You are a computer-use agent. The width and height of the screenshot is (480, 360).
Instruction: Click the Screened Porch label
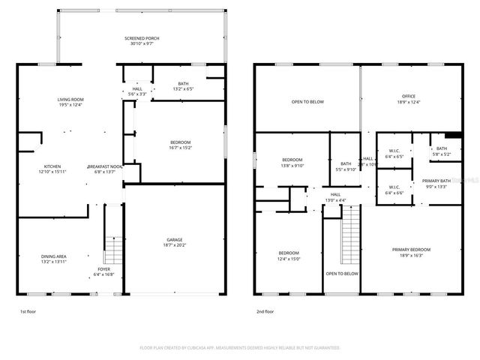[x=142, y=41]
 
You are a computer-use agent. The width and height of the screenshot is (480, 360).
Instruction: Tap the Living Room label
[x=70, y=103]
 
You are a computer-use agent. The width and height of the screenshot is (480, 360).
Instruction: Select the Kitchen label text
[x=52, y=169]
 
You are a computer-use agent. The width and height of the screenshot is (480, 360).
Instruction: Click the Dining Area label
[x=54, y=259]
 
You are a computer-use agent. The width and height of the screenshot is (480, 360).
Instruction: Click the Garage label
[x=175, y=243]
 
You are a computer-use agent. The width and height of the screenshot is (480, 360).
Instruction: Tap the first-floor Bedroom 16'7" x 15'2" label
[x=180, y=145]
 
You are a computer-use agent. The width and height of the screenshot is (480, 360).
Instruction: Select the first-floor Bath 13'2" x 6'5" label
[x=184, y=86]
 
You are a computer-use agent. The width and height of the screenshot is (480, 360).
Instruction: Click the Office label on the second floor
[x=409, y=99]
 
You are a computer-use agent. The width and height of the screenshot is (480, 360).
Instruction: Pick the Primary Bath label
[x=436, y=184]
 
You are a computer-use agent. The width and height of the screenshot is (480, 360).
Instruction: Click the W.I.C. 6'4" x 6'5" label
[x=394, y=154]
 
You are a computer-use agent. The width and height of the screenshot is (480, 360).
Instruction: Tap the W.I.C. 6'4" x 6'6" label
[x=394, y=190]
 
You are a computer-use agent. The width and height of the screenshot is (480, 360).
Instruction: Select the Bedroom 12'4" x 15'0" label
[x=289, y=256]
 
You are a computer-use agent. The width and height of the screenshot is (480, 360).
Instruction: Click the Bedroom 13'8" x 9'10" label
[x=292, y=163]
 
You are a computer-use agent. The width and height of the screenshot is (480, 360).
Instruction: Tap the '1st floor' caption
[x=27, y=310]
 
